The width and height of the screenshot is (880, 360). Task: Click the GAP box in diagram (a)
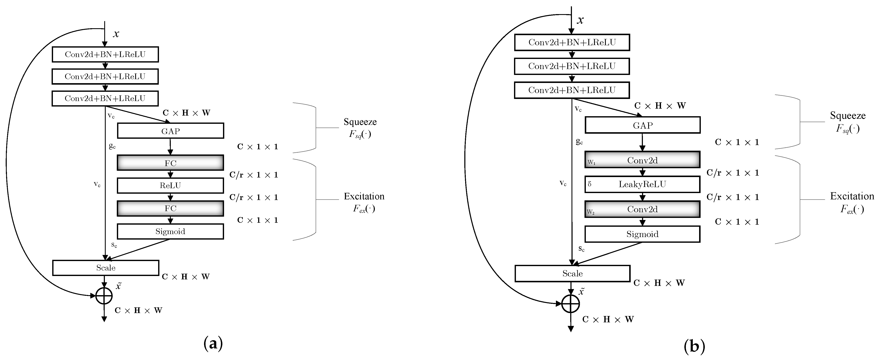(x=171, y=131)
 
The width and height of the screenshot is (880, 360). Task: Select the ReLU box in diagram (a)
(x=171, y=185)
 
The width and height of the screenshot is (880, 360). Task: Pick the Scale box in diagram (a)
(x=105, y=268)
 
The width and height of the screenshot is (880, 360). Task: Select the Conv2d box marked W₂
(x=642, y=209)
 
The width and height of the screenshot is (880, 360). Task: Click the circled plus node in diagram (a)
(x=104, y=296)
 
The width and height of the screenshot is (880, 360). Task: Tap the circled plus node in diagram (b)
(x=570, y=304)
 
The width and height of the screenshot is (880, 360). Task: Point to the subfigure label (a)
(x=213, y=343)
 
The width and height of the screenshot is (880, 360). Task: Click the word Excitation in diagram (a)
(x=364, y=196)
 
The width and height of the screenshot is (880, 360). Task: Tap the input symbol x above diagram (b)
(x=580, y=20)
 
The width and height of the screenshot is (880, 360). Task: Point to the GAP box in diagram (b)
(x=642, y=125)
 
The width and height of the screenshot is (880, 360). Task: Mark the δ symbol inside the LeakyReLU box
(x=590, y=184)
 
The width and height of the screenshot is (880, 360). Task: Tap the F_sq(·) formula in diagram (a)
(x=360, y=134)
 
